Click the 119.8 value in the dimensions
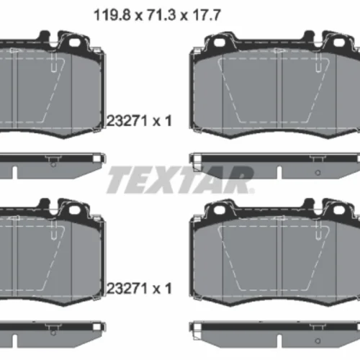point(112,15)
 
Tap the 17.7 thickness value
point(207,15)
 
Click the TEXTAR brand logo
point(180,180)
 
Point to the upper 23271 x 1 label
point(139,120)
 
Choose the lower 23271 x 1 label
point(139,288)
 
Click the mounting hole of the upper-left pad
point(74,42)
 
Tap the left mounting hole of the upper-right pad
point(220,42)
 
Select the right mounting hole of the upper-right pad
point(338,42)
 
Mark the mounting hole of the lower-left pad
point(74,210)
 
